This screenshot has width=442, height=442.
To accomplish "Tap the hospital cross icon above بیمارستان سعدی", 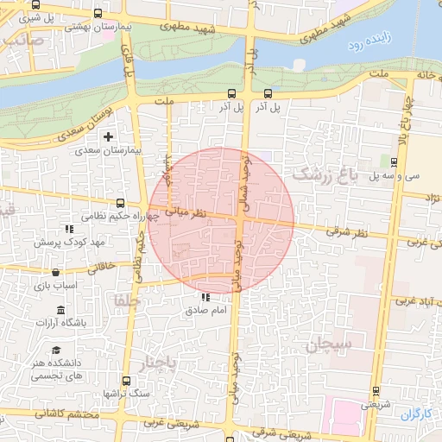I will tap(108, 136).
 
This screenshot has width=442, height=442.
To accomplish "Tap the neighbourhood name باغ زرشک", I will tap(324, 174).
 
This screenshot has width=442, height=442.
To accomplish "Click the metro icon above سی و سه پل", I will tap(394, 161).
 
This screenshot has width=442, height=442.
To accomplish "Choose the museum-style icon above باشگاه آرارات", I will tap(60, 310).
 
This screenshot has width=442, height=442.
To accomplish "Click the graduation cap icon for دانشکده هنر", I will tap(56, 350).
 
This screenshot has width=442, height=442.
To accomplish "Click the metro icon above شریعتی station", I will tap(373, 390).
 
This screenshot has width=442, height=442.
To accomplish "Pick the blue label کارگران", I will tap(416, 414).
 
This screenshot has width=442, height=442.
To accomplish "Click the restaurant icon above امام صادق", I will tap(205, 297).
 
